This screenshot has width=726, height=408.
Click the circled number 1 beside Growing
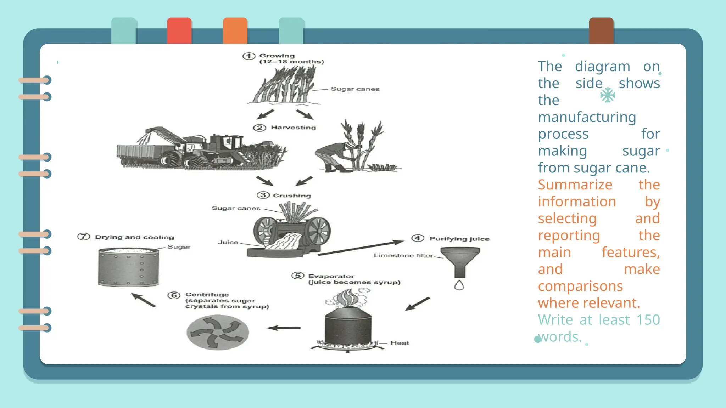click(x=249, y=56)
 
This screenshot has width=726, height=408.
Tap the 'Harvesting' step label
click(x=293, y=127)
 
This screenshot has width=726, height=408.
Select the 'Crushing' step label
click(x=292, y=195)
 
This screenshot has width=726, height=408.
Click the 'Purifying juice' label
click(x=459, y=239)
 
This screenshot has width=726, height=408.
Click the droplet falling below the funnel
click(x=459, y=285)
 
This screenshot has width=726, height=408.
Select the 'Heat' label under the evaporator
click(x=400, y=343)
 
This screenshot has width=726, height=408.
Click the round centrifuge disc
click(x=218, y=332)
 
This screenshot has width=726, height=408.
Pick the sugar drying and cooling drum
click(x=128, y=267)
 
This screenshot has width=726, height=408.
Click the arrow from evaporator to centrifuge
click(x=284, y=328)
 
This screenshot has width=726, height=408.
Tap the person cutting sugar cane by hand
click(x=335, y=156)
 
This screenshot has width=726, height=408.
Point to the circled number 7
click(x=84, y=237)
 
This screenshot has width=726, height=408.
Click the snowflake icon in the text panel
click(x=608, y=95)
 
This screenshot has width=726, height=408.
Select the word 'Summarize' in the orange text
click(x=575, y=185)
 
